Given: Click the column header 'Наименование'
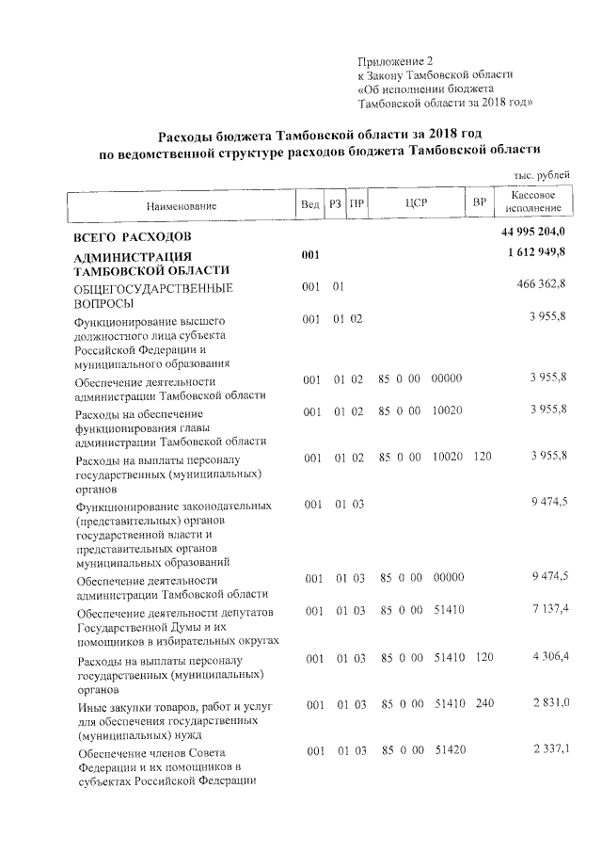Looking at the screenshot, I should click(181, 205).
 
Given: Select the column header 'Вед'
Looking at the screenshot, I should click(309, 205).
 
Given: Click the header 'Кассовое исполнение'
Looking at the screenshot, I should click(532, 201).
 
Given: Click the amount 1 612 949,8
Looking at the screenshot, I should click(535, 255).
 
